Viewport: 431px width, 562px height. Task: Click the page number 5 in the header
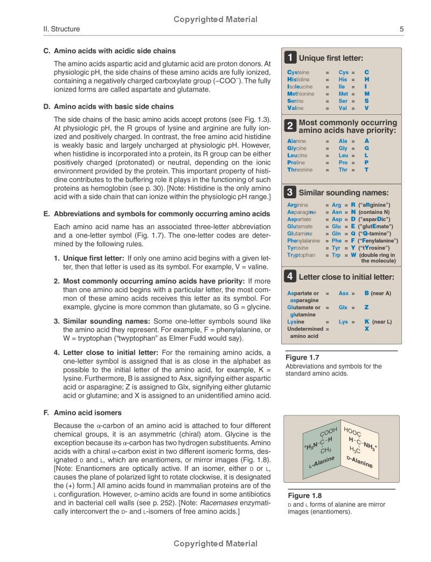click(402, 29)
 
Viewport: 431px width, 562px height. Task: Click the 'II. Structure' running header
click(61, 29)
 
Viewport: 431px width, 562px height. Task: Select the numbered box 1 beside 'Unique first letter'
click(290, 58)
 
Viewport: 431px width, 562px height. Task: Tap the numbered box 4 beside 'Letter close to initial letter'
click(290, 277)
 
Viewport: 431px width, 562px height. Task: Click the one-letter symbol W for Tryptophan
click(353, 255)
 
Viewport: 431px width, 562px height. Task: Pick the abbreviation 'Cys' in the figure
click(343, 72)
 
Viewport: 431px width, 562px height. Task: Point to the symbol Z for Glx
click(366, 308)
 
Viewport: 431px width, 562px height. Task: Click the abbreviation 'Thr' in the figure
click(343, 170)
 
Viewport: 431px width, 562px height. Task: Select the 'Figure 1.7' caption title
click(302, 357)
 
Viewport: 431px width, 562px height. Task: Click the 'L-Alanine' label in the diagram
click(322, 462)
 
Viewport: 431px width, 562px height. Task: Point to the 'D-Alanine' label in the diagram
click(359, 461)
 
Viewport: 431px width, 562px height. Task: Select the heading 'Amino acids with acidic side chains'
click(115, 51)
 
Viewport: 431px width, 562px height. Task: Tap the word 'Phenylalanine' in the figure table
click(303, 241)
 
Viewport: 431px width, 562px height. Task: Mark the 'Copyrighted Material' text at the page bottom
click(215, 544)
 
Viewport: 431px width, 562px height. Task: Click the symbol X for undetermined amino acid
click(366, 329)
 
